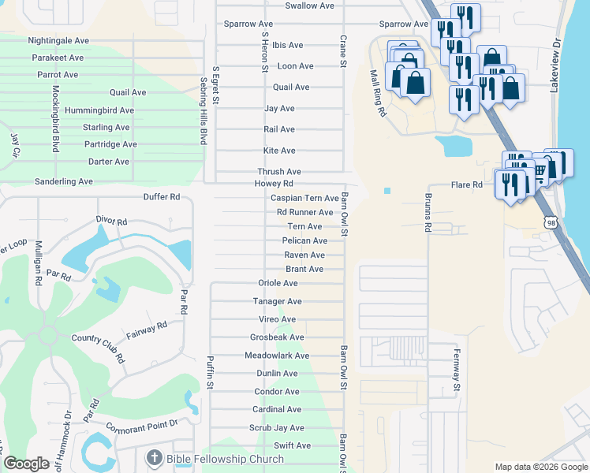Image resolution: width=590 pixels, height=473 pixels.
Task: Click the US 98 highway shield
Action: pyautogui.click(x=551, y=223)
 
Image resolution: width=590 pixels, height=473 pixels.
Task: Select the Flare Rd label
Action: pyautogui.click(x=466, y=185)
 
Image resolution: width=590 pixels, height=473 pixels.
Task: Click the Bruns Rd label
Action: pyautogui.click(x=428, y=212)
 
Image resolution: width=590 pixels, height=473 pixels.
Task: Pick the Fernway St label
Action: pyautogui.click(x=456, y=371)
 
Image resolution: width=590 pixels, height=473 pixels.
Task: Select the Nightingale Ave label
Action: pyautogui.click(x=58, y=40)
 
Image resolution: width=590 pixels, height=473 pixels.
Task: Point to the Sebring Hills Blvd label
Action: pyautogui.click(x=203, y=110)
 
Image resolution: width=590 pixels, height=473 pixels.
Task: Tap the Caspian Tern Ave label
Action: pyautogui.click(x=304, y=199)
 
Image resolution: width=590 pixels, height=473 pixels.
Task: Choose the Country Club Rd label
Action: pyautogui.click(x=98, y=348)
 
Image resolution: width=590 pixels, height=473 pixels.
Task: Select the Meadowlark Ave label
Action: pyautogui.click(x=277, y=356)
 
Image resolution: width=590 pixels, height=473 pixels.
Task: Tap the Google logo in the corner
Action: pyautogui.click(x=26, y=464)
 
